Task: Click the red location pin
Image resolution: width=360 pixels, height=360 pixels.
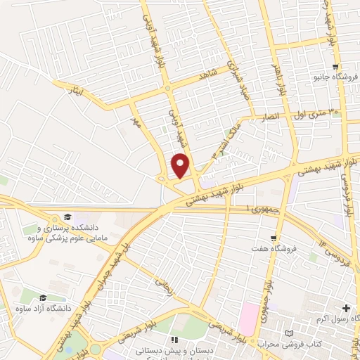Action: coord(181,165)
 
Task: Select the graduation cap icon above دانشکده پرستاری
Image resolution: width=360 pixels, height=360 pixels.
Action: coord(67,217)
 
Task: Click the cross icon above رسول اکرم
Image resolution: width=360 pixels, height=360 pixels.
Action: coord(345,308)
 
